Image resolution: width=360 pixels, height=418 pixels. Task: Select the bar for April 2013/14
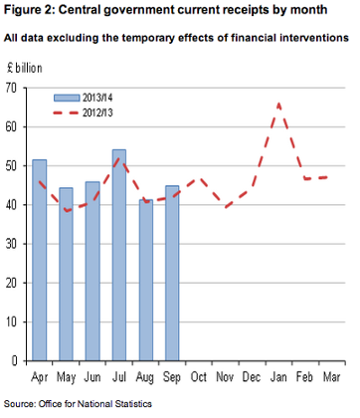click(x=40, y=259)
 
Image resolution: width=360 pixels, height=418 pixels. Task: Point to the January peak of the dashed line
click(x=279, y=104)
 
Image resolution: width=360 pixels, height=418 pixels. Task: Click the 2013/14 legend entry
click(x=95, y=99)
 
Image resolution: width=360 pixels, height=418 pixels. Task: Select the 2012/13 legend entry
click(x=95, y=113)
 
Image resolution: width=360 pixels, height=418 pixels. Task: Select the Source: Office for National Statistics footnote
click(x=79, y=403)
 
